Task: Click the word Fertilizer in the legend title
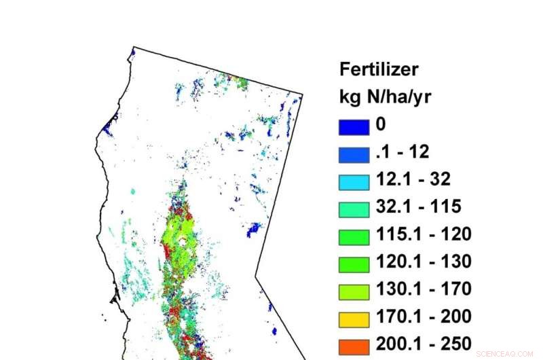pos(379,69)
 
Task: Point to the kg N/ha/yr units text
pos(385,97)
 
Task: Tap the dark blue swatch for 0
pos(354,126)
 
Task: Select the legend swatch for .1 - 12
pos(354,154)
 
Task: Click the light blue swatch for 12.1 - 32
pos(354,181)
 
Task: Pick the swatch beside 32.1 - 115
pos(354,208)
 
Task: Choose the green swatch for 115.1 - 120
pos(354,236)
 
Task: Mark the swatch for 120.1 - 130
pos(354,263)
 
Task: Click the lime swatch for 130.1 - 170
pos(354,290)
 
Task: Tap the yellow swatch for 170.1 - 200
pos(354,317)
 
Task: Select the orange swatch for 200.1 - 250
pos(354,344)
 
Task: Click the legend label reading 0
pos(381,125)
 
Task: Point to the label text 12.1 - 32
pos(413,179)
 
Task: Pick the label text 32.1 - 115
pos(418,206)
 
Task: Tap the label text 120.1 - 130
pos(424,262)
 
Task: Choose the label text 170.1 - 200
pos(424,316)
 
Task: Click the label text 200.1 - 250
pos(424,343)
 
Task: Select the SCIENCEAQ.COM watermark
pos(506,354)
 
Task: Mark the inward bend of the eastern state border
pos(256,276)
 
